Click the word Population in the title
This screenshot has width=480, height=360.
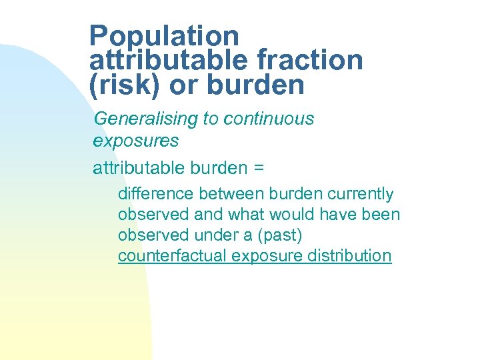pos(163,36)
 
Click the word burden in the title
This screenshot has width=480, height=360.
pos(257,85)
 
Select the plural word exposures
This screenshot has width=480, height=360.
pos(136,141)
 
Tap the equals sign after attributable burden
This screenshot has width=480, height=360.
pos(259,168)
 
